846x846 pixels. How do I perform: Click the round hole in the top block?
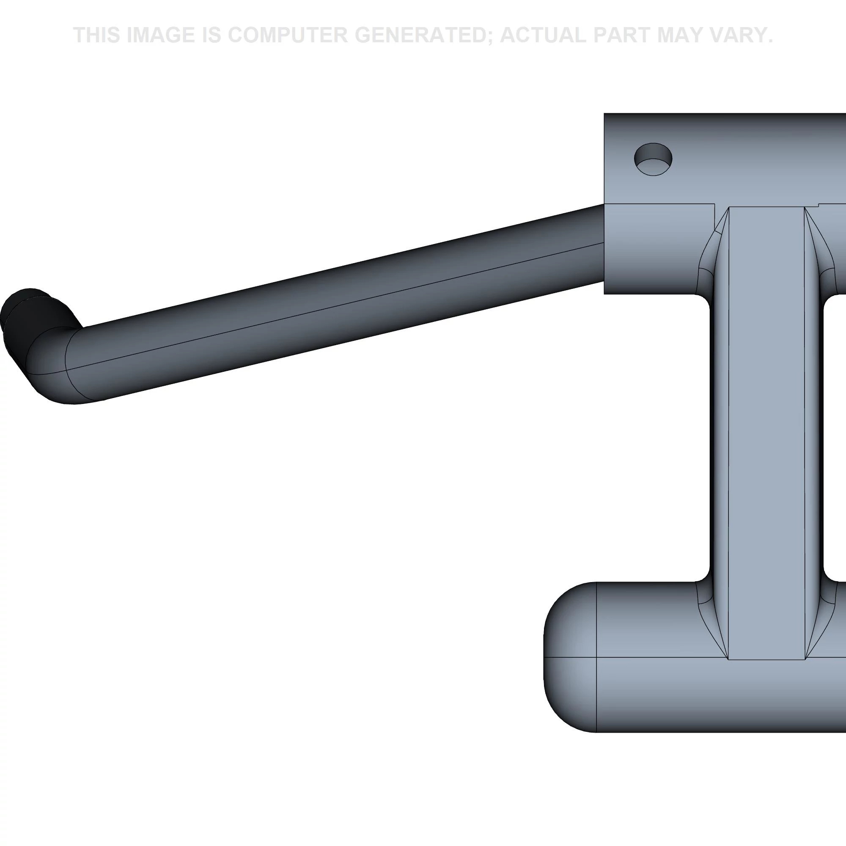653,159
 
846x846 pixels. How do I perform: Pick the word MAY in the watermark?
678,35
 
